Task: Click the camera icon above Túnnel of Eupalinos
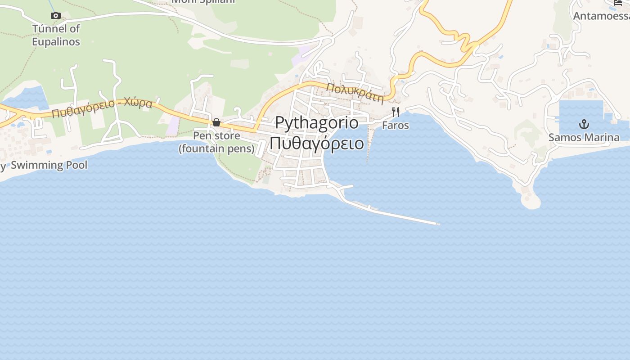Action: (56, 16)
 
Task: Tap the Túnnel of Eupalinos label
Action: (56, 35)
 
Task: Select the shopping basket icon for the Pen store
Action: (216, 122)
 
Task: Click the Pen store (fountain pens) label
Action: (216, 142)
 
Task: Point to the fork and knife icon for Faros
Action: (396, 112)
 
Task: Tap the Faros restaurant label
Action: (396, 125)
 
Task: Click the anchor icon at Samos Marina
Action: (584, 124)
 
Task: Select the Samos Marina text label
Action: (584, 137)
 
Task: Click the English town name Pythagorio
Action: (317, 123)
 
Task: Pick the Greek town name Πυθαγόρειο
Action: (317, 143)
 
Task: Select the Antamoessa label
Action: (601, 16)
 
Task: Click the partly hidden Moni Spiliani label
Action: (203, 2)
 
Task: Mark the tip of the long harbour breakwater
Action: (437, 223)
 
